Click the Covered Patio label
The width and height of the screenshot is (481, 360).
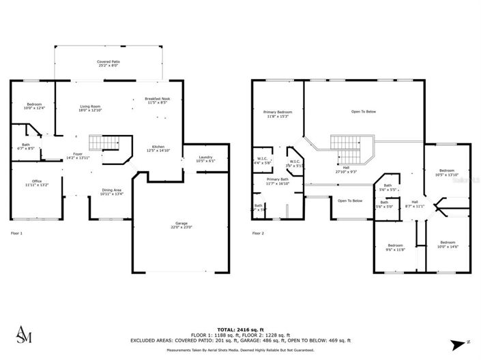coord(108,64)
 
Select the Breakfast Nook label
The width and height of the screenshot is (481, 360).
coord(158,101)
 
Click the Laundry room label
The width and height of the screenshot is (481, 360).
coord(206,160)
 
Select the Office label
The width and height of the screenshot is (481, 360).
coord(34,183)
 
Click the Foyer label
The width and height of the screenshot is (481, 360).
coord(78,156)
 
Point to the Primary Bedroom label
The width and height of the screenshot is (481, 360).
coord(278,114)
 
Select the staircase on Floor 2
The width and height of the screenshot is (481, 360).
coord(346,144)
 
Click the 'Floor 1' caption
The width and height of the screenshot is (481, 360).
coord(17,233)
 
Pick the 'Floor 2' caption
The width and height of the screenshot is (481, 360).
coord(258,233)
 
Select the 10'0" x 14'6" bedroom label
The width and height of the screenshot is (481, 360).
coord(447,244)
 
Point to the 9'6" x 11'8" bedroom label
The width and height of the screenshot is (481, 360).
coord(396,247)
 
